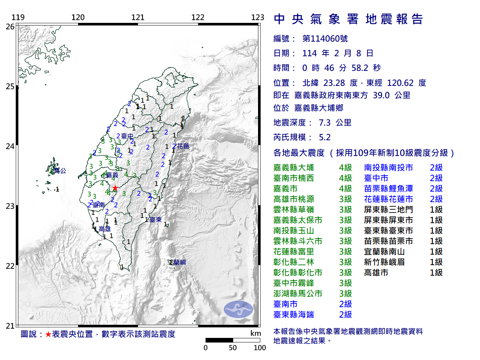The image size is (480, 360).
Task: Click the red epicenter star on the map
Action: pos(115,188)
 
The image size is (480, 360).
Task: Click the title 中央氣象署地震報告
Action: pos(348,19)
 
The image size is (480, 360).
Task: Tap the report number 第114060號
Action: pos(325,39)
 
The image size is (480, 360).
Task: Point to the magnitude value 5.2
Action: pos(325,137)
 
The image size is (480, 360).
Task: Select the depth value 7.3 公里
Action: pos(335,123)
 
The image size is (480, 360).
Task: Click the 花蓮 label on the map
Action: pos(183,146)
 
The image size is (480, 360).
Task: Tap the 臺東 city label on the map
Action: pos(156,220)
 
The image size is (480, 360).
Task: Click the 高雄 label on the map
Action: pos(105,229)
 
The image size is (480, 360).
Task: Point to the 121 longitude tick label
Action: pos(138,17)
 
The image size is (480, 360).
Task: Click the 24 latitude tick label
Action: pos(10,146)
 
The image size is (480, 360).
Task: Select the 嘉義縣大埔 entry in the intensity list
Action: pos(294,168)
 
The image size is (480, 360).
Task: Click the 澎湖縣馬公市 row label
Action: pos(298,294)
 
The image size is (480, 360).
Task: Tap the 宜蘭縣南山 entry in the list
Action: pos(384,252)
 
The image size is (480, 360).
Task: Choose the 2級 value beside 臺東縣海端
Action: pos(345,315)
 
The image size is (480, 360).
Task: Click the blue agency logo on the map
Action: pos(238,309)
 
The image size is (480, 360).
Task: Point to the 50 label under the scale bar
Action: pos(232,348)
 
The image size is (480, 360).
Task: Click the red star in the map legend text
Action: pos(48,334)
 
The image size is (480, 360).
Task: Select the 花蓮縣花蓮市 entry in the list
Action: pos(388,199)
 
